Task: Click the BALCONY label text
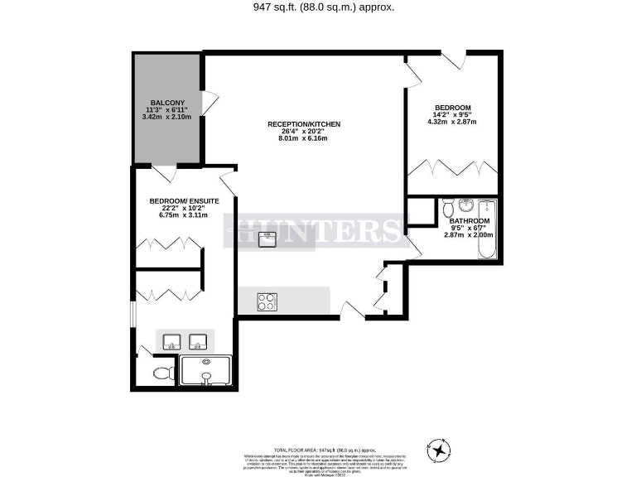[166, 103]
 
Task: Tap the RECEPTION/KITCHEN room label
[303, 124]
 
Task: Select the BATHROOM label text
[469, 221]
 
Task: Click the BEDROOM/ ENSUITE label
[184, 201]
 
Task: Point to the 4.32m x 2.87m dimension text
[451, 122]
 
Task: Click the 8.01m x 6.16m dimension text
[303, 138]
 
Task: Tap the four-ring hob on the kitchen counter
[268, 302]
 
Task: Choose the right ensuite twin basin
[198, 340]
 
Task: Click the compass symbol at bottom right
[439, 449]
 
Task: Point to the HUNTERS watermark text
[316, 231]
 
